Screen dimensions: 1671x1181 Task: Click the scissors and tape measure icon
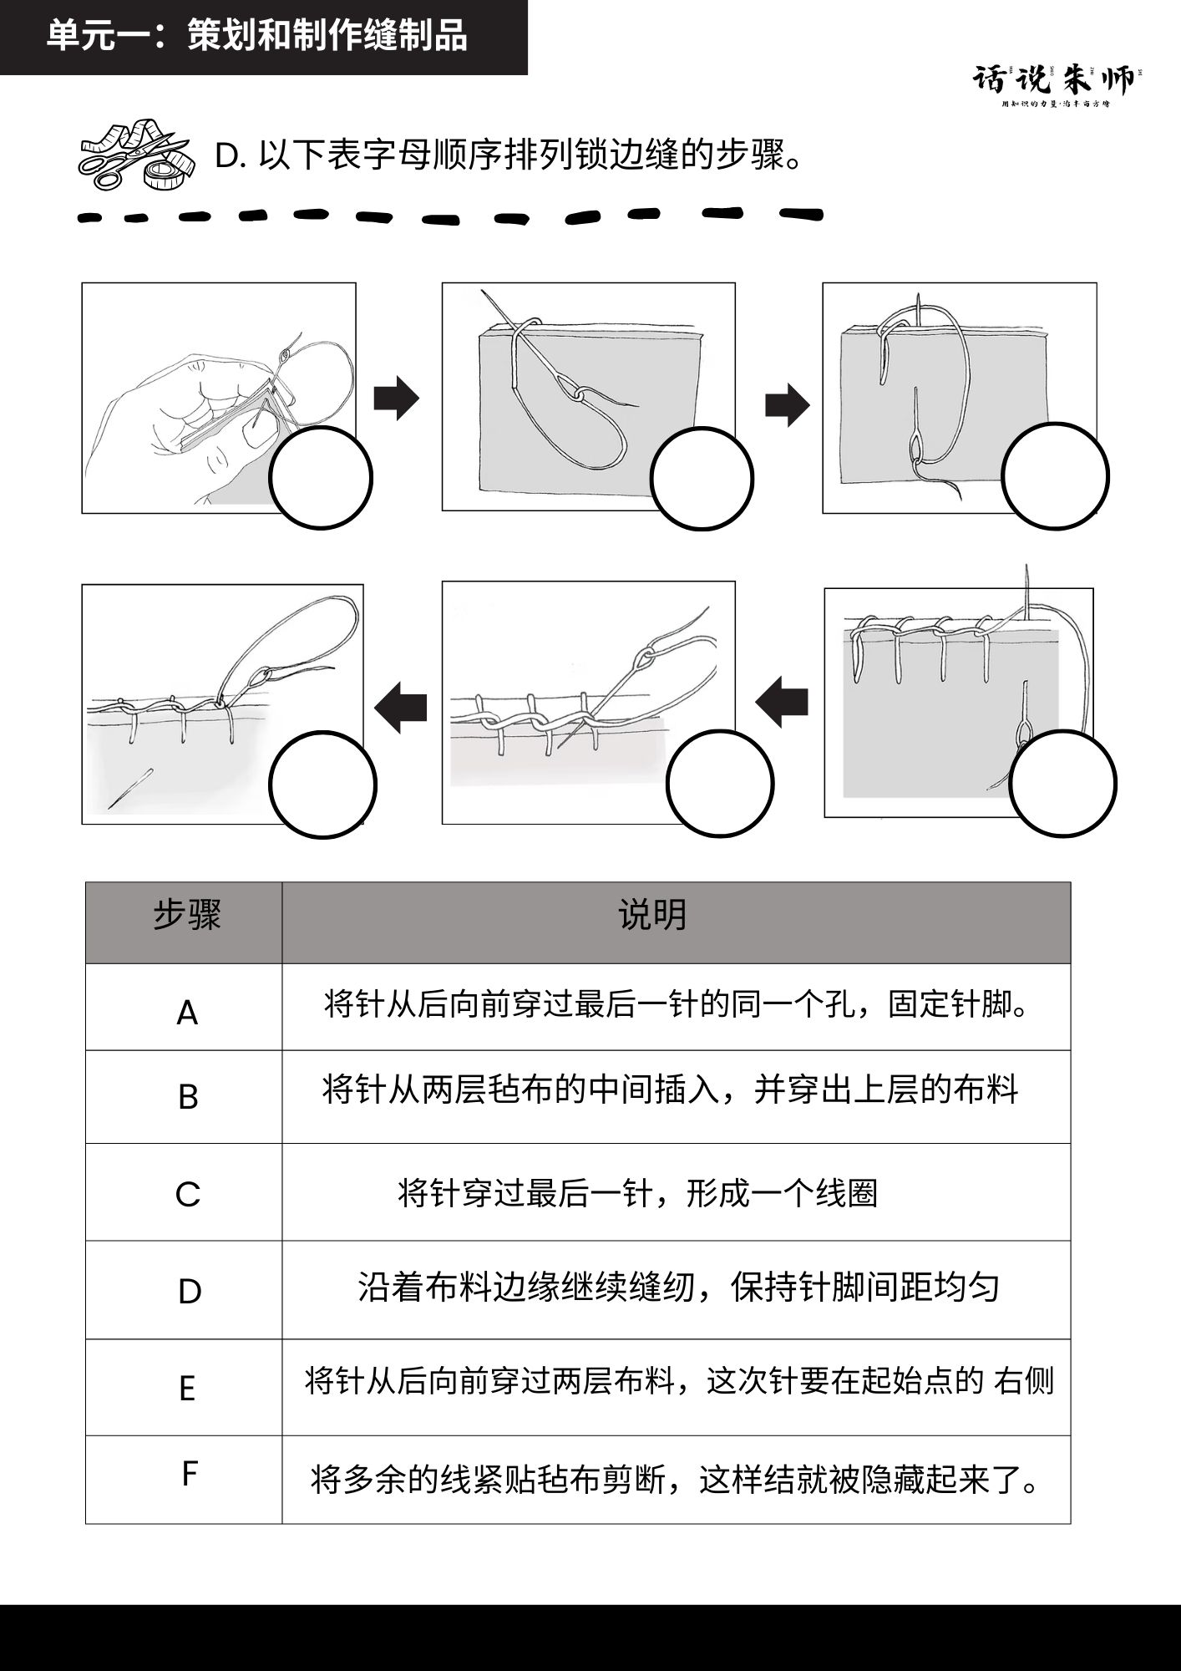(136, 153)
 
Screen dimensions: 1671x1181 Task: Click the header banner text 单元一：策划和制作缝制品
(256, 36)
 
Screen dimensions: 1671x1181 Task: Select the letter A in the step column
(187, 1013)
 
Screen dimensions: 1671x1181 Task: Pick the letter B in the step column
(188, 1097)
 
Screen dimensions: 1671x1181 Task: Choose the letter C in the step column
(188, 1194)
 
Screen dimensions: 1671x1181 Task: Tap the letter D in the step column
(190, 1292)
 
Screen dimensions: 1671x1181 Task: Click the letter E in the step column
(187, 1389)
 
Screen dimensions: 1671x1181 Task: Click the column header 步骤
(186, 916)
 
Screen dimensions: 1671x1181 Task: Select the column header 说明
(651, 916)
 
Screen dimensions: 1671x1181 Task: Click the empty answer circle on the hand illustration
(321, 478)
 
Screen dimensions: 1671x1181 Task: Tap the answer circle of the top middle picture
(702, 479)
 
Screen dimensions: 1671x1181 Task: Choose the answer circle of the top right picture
(1055, 476)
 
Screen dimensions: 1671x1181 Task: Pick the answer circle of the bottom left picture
(322, 785)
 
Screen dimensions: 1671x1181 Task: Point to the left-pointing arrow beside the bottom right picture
(782, 701)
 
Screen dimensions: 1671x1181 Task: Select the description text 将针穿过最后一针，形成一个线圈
(637, 1193)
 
